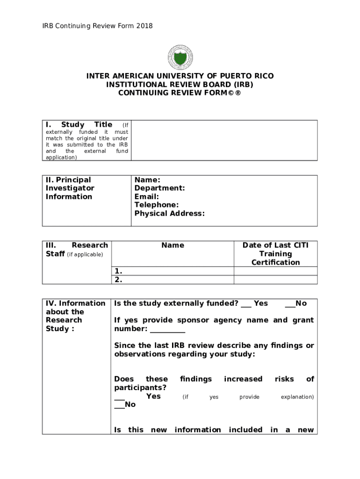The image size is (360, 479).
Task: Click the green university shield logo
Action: [180, 58]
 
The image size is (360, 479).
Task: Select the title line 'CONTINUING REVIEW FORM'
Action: [180, 93]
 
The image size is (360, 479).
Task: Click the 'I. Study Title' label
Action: [79, 124]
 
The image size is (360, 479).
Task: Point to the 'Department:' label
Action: [159, 188]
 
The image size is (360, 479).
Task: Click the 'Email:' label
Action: [146, 196]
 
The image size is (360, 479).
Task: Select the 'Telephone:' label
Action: [156, 205]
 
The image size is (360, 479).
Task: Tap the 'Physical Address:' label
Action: [169, 213]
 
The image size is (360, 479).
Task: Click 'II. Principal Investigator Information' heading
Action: [70, 188]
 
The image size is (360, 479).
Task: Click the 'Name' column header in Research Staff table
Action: [173, 245]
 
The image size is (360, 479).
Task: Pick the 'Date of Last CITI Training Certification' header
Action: [275, 254]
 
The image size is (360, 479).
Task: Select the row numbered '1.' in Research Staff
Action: [173, 271]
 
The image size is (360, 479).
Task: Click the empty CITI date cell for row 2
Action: [275, 280]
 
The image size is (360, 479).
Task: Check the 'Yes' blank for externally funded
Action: [246, 304]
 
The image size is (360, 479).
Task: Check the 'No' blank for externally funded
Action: [290, 304]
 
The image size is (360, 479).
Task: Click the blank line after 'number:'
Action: [167, 329]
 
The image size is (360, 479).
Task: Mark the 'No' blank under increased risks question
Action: [119, 405]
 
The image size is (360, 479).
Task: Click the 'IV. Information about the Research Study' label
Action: [75, 316]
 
